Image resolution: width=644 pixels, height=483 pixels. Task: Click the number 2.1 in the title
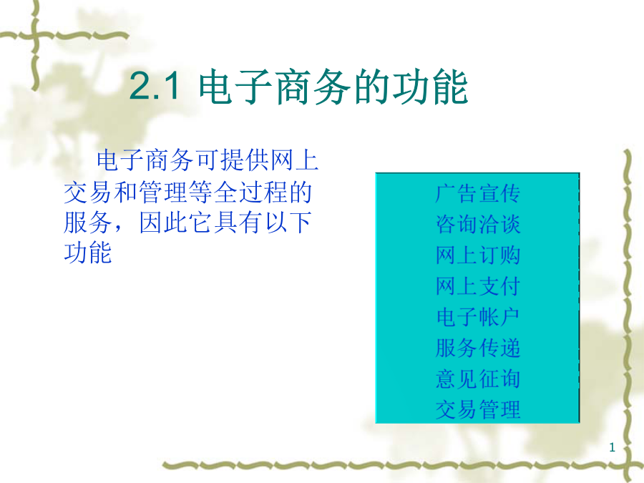[x=154, y=86]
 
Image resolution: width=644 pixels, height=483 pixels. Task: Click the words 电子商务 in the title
[x=274, y=87]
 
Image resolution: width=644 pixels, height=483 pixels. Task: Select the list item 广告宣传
[x=478, y=193]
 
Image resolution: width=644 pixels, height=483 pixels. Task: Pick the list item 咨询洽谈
[x=478, y=224]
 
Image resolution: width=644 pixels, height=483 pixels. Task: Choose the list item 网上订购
[x=478, y=255]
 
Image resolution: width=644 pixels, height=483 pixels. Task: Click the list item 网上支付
[x=478, y=286]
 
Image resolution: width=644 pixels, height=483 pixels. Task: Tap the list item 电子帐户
[x=478, y=317]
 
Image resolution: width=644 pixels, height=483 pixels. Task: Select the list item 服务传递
[x=478, y=348]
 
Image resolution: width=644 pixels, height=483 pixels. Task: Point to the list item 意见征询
[x=478, y=379]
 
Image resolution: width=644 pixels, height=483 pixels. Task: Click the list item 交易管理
[x=478, y=409]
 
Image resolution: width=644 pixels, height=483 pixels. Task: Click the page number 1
[x=612, y=447]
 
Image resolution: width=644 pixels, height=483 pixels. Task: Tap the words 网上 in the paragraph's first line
[x=294, y=160]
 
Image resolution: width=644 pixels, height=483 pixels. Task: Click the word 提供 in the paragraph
[x=245, y=160]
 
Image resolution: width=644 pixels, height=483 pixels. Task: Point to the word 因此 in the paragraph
[x=163, y=223]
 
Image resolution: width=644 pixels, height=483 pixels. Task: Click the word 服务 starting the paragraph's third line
[x=88, y=223]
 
